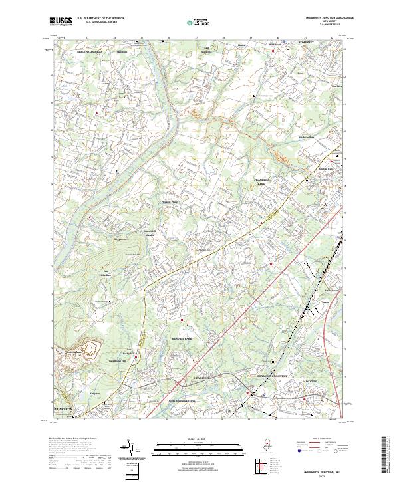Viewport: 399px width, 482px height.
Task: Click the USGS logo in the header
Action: [x=61, y=21]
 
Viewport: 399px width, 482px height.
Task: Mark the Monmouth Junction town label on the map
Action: [x=271, y=376]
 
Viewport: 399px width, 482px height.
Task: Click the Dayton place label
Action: [x=312, y=381]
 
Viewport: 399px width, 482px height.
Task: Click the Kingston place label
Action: [x=94, y=393]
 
